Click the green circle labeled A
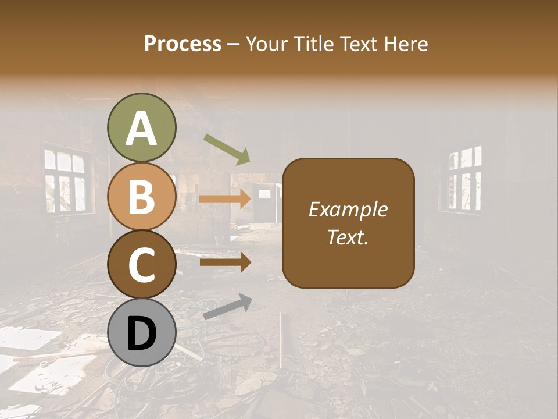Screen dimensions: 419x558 point(141,127)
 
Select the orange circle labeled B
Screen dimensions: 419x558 point(141,196)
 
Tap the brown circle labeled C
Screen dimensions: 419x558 point(141,265)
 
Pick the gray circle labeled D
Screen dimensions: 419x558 point(141,333)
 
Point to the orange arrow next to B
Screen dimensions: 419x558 point(224,199)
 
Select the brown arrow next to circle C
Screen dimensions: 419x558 point(224,262)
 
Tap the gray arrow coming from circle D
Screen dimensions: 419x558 point(227,307)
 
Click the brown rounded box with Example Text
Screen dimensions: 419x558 point(348,223)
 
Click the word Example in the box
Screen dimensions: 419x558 point(348,210)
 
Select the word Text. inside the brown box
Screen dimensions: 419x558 point(348,237)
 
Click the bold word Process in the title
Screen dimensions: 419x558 point(183,44)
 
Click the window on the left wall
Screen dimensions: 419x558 point(65,180)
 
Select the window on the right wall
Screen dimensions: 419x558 point(464,178)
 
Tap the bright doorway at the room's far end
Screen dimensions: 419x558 point(264,204)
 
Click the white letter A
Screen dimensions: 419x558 point(141,129)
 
